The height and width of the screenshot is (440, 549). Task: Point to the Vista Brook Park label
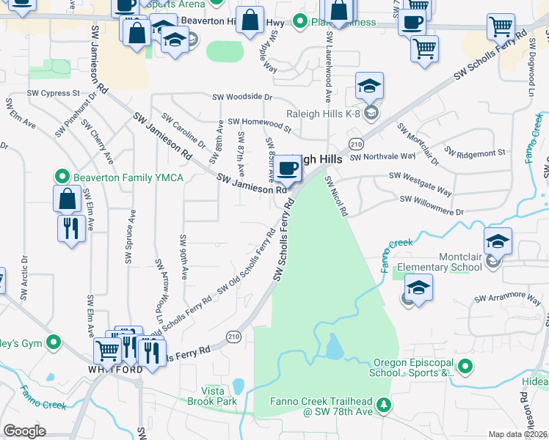[219, 396]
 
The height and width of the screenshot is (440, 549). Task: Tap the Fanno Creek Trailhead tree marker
[382, 406]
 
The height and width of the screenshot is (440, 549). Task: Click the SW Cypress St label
[51, 94]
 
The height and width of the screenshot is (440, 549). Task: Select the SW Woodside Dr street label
[242, 97]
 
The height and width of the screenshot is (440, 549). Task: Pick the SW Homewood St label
[259, 122]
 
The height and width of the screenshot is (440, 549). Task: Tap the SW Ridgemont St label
[481, 153]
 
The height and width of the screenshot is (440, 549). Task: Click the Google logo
[24, 431]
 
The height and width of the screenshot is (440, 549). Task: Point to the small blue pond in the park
[335, 346]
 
